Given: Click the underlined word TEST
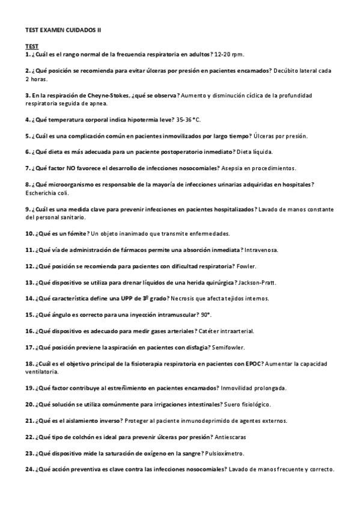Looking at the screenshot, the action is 32,46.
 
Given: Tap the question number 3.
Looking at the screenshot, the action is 28,96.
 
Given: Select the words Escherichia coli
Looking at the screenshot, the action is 47,193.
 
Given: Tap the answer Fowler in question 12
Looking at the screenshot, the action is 240,265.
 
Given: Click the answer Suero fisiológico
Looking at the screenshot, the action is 255,404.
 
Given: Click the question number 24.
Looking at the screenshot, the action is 29,469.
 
